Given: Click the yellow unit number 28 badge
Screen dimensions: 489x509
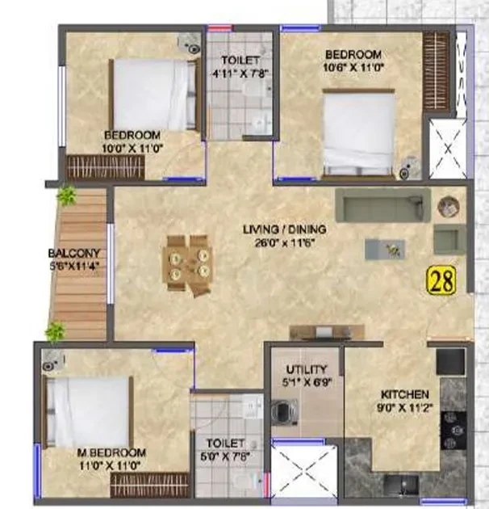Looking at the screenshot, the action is (x=442, y=280).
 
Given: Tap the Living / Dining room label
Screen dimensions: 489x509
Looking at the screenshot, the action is (x=284, y=229).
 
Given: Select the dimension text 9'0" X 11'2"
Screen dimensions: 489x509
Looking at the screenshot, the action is (x=405, y=408).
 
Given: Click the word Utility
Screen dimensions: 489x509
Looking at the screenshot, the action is (x=307, y=369).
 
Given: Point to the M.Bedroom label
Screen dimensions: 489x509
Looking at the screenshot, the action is (x=111, y=452).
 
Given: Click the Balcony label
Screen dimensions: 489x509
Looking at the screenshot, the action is (x=74, y=253).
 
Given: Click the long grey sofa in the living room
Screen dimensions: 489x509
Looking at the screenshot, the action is (x=383, y=205).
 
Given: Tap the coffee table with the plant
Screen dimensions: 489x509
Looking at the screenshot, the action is (x=385, y=249).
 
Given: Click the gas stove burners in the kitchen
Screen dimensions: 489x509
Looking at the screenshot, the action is (x=453, y=431).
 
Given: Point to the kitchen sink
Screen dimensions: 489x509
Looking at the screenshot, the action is (x=401, y=485).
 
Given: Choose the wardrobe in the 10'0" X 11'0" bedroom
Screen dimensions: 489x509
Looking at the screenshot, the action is (x=106, y=167).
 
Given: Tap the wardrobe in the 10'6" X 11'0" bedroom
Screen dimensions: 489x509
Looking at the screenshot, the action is (x=436, y=71).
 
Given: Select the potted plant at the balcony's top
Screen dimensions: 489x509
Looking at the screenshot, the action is (x=67, y=196).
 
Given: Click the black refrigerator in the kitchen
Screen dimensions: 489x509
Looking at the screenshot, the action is (x=451, y=362).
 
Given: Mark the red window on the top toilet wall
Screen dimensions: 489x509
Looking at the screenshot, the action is (x=220, y=28).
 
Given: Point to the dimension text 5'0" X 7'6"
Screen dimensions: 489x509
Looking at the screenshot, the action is (x=225, y=457).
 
